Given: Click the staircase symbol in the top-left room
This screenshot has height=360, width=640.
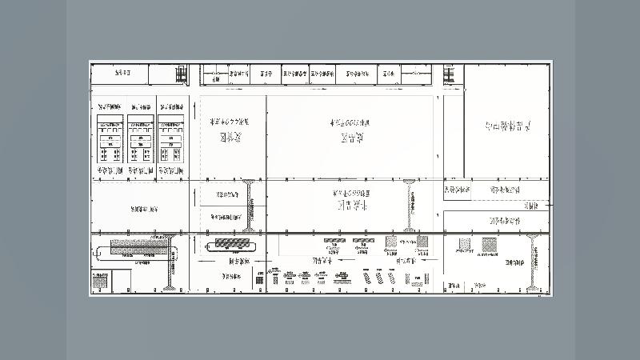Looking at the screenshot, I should [182, 75].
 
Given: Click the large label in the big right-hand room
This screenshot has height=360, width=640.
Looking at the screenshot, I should [508, 126].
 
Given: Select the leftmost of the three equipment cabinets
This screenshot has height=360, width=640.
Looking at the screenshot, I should [110, 140].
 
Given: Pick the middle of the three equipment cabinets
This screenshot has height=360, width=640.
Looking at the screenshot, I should [140, 140].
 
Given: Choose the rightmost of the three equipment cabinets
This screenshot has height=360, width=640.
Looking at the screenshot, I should [170, 140].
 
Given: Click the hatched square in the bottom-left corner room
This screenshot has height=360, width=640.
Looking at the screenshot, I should [101, 281].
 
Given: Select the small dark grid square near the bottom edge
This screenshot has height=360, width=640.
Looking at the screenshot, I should [259, 279].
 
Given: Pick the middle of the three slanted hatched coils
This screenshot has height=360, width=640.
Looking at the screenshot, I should [379, 278].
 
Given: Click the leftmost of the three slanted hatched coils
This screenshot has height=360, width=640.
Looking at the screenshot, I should [367, 278].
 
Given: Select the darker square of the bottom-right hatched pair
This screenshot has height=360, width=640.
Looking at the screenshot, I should [489, 244].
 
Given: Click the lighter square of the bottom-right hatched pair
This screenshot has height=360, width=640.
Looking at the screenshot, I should [464, 244].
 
